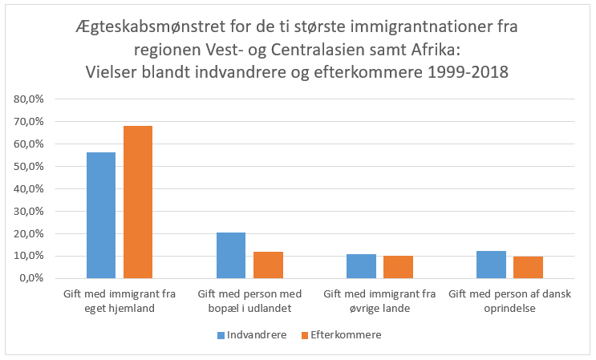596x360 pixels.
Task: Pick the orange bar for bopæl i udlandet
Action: click(268, 265)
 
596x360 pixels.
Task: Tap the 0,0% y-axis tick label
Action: click(34, 278)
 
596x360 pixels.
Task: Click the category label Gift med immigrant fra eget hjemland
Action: click(120, 301)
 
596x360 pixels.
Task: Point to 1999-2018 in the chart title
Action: click(468, 72)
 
